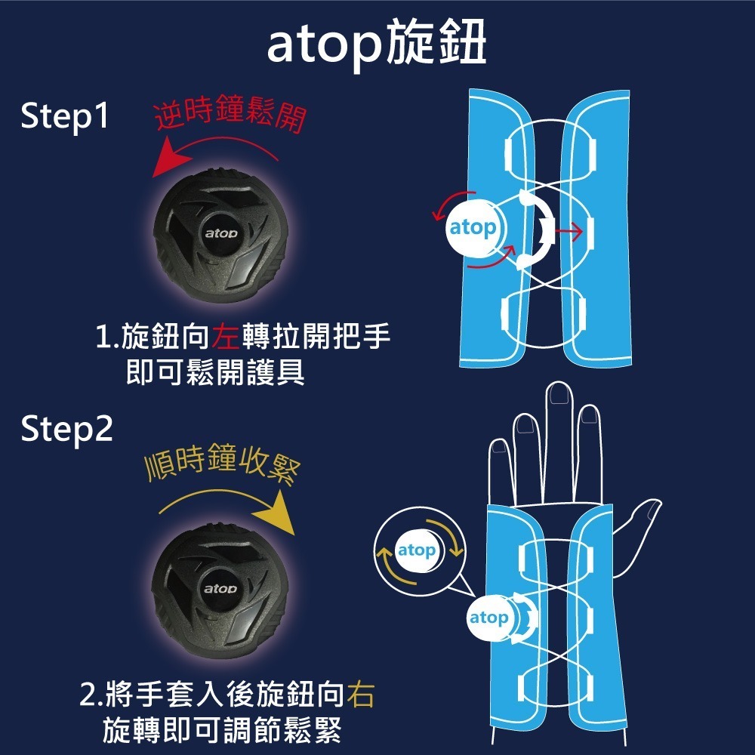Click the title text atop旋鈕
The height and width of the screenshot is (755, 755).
pyautogui.click(x=377, y=47)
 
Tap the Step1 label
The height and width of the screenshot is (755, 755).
pyautogui.click(x=65, y=118)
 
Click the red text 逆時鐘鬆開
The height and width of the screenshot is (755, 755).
pyautogui.click(x=230, y=116)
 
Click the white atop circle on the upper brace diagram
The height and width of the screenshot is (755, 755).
pyautogui.click(x=473, y=227)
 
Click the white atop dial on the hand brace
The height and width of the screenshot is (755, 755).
pyautogui.click(x=490, y=618)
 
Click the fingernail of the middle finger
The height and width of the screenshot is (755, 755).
pyautogui.click(x=559, y=395)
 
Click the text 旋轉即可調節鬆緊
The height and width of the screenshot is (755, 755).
pyautogui.click(x=222, y=729)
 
